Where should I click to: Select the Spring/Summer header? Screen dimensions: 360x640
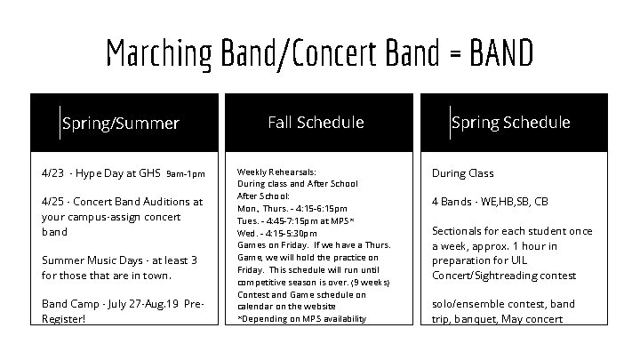tap(121, 124)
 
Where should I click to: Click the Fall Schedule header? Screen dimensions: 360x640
tap(316, 122)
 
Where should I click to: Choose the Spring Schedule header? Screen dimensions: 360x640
tap(510, 122)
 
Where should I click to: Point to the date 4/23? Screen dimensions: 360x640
tap(54, 173)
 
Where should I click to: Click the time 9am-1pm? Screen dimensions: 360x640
tap(186, 174)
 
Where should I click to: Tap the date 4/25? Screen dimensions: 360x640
tap(54, 202)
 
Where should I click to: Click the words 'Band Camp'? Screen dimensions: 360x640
tap(70, 303)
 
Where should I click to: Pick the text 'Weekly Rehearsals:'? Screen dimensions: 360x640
tap(276, 172)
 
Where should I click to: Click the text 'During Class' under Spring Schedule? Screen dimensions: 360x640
tap(462, 173)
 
